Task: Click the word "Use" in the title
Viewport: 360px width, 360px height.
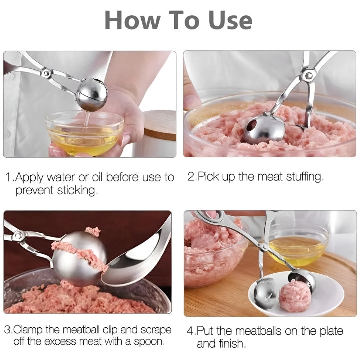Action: (230, 20)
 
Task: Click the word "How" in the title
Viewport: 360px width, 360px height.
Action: (132, 20)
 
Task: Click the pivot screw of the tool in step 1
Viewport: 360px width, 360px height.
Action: (47, 73)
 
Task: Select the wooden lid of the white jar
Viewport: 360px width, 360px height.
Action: (160, 125)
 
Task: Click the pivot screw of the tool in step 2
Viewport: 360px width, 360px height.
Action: (309, 75)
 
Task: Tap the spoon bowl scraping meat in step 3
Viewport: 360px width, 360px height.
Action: (135, 261)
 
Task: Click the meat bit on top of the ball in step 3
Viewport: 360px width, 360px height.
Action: (93, 231)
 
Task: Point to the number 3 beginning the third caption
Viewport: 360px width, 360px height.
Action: (7, 330)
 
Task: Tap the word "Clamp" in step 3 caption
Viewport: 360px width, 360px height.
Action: (28, 330)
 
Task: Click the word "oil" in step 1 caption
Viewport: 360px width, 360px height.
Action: (97, 177)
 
